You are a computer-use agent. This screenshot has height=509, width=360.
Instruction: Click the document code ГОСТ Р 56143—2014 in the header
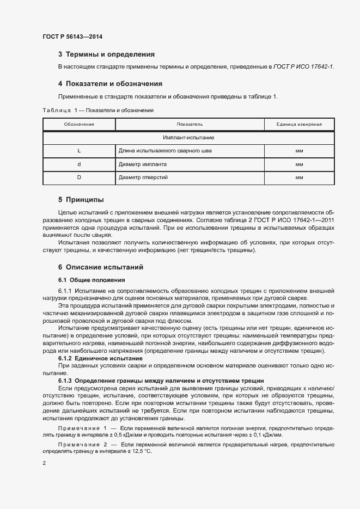pyautogui.click(x=72, y=37)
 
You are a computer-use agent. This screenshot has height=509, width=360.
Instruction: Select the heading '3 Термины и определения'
pyautogui.click(x=106, y=54)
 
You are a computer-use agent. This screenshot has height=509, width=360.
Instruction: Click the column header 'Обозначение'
pyautogui.click(x=79, y=125)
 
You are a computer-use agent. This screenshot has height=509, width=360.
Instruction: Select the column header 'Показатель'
pyautogui.click(x=190, y=125)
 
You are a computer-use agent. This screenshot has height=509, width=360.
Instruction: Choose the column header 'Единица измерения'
pyautogui.click(x=298, y=125)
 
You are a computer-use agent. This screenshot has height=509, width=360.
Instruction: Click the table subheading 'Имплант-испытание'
pyautogui.click(x=188, y=138)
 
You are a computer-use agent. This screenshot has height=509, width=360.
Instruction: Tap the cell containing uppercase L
pyautogui.click(x=79, y=151)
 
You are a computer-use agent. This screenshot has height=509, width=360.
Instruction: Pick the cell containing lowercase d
pyautogui.click(x=79, y=164)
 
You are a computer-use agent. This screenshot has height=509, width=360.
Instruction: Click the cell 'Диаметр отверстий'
pyautogui.click(x=143, y=177)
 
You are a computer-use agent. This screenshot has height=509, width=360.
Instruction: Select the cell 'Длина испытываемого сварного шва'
pyautogui.click(x=165, y=151)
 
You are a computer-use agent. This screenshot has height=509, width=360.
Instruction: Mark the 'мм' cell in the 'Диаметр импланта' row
pyautogui.click(x=298, y=164)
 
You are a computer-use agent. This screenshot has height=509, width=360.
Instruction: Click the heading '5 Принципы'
pyautogui.click(x=81, y=199)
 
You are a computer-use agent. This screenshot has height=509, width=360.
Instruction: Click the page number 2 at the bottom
pyautogui.click(x=44, y=463)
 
